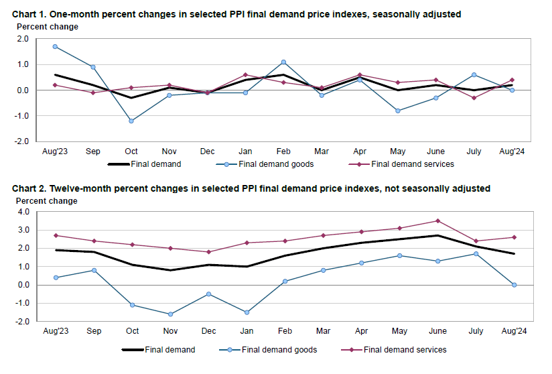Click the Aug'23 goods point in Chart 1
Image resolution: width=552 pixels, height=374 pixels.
coord(55,47)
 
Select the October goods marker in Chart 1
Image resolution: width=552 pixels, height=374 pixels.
coord(131,121)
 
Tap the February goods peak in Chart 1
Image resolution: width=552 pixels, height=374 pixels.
coord(283,62)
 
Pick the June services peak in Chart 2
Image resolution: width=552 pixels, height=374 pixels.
coord(437,221)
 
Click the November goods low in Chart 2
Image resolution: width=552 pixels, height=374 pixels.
coord(170,314)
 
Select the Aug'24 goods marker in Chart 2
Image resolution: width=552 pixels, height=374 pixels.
coord(514,285)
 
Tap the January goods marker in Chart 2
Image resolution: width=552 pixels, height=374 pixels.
coord(247,312)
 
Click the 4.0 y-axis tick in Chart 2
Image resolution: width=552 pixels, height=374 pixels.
coord(23,212)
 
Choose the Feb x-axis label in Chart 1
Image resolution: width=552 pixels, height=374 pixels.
coord(283,151)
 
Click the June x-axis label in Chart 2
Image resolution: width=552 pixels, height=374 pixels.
coord(437,332)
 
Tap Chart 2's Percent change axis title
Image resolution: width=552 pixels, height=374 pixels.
coord(47,201)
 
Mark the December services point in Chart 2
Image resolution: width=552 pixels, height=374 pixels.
coord(208,252)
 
